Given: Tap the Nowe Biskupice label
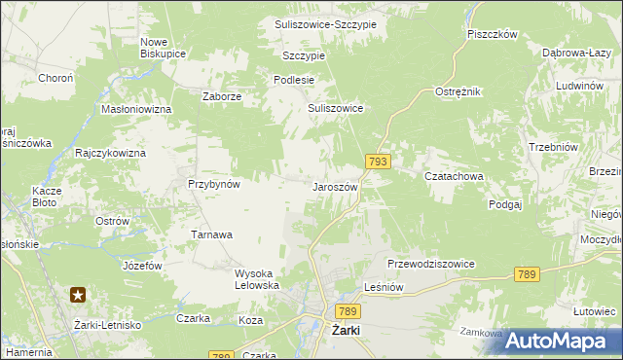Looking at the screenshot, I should tap(163, 48).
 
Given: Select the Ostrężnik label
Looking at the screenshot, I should tap(458, 91).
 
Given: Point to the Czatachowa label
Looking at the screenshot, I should tap(454, 177).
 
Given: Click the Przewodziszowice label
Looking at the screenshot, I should tap(430, 264).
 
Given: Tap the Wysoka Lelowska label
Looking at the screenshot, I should tap(257, 279).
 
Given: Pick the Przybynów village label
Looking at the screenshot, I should tap(213, 183).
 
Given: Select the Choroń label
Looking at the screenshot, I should tap(55, 78).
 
